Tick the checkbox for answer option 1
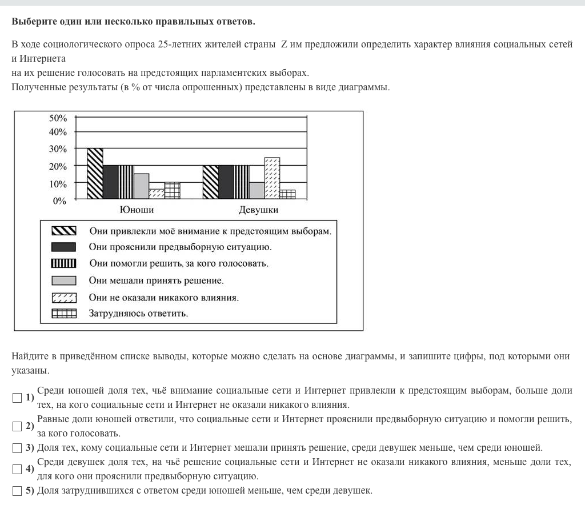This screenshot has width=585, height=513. pyautogui.click(x=17, y=398)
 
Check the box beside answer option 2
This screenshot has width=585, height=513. pyautogui.click(x=17, y=426)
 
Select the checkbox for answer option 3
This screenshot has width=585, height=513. pyautogui.click(x=17, y=447)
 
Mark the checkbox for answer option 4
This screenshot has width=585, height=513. pyautogui.click(x=17, y=469)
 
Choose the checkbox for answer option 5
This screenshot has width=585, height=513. pyautogui.click(x=17, y=491)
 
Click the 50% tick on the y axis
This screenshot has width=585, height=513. pyautogui.click(x=58, y=118)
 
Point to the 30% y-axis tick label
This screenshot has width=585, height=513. pyautogui.click(x=58, y=149)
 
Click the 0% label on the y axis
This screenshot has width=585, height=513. pyautogui.click(x=60, y=201)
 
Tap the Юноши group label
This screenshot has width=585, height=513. pyautogui.click(x=137, y=210)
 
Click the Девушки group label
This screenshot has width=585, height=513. pyautogui.click(x=258, y=210)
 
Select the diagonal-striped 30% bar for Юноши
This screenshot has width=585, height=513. pyautogui.click(x=95, y=174)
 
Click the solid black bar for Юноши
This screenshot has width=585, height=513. pyautogui.click(x=110, y=182)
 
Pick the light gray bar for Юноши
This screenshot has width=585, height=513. pyautogui.click(x=141, y=186)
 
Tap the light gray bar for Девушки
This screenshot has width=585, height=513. pyautogui.click(x=257, y=191)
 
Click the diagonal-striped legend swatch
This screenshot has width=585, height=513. pyautogui.click(x=63, y=231)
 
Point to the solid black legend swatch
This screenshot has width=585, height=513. pyautogui.click(x=63, y=247)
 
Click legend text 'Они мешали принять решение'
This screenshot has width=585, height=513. pyautogui.click(x=156, y=280)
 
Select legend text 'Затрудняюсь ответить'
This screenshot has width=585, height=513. pyautogui.click(x=138, y=314)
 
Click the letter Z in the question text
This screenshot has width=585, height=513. pyautogui.click(x=283, y=45)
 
